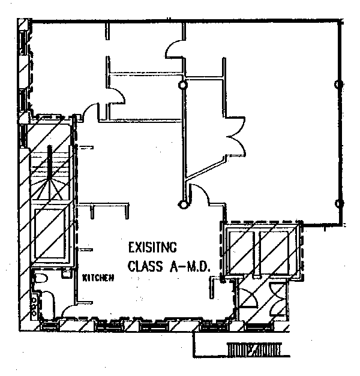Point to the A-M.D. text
coord(190,264)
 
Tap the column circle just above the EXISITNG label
coord(182,204)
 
